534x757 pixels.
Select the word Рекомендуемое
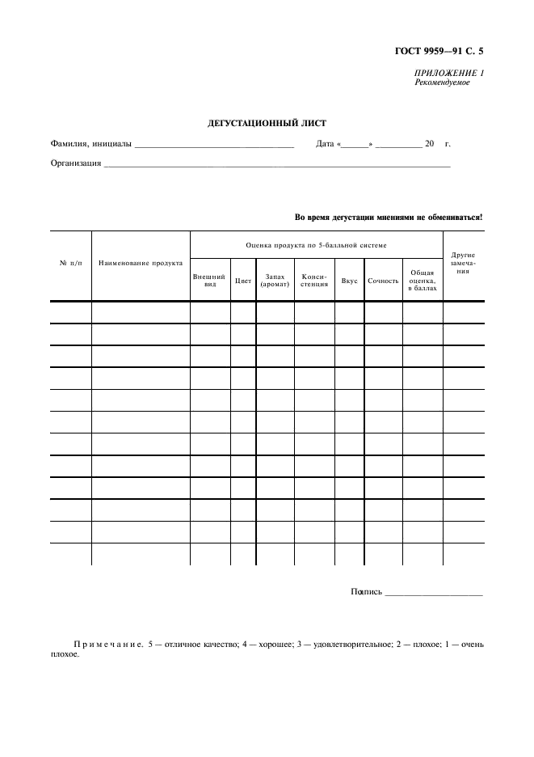click(x=442, y=83)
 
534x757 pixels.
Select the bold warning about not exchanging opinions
click(x=389, y=218)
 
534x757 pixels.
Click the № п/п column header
click(x=70, y=263)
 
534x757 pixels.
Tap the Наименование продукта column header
click(x=141, y=263)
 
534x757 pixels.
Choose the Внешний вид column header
click(x=210, y=281)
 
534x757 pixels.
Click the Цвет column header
click(x=243, y=281)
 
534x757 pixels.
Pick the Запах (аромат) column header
click(x=275, y=281)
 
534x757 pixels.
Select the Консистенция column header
click(x=313, y=281)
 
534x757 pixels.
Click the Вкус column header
click(x=349, y=281)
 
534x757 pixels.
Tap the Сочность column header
click(x=383, y=281)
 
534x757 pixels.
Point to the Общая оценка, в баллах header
click(x=423, y=281)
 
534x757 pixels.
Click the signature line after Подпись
click(x=434, y=594)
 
